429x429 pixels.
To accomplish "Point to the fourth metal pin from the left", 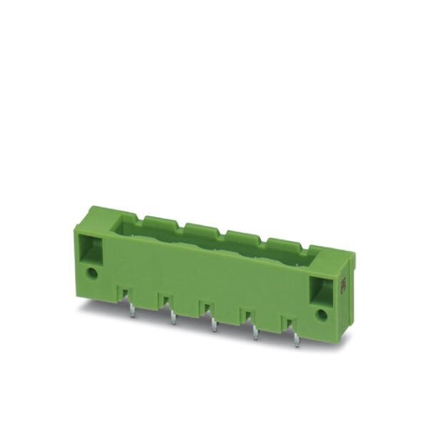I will click(x=256, y=333).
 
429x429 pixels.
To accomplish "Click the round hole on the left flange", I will click(x=93, y=272).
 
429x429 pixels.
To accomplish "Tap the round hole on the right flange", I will click(x=322, y=314).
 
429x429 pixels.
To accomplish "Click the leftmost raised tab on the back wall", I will click(x=159, y=222).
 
